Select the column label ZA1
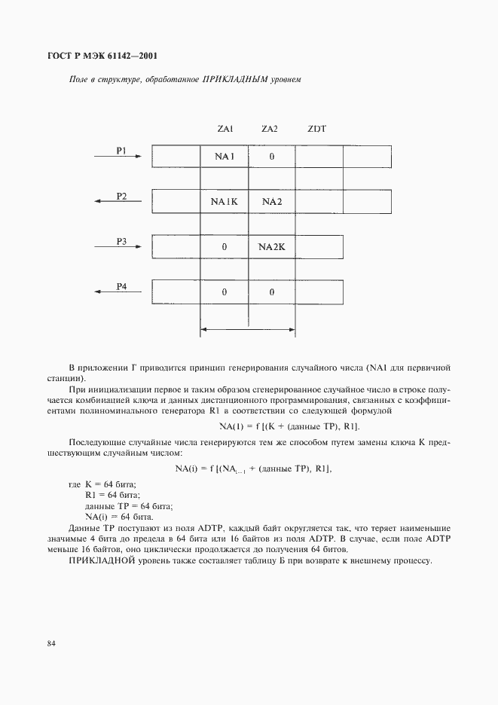tap(225, 129)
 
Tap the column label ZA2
tap(270, 129)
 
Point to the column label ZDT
tap(316, 129)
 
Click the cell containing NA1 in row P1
tap(225, 157)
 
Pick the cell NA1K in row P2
tap(225, 202)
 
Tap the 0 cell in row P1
tap(271, 157)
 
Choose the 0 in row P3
tap(225, 247)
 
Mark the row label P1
tap(121, 151)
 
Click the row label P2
tap(121, 196)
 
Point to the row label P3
tap(121, 241)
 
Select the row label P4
tap(121, 286)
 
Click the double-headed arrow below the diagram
tap(248, 328)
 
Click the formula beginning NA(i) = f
tap(253, 468)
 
